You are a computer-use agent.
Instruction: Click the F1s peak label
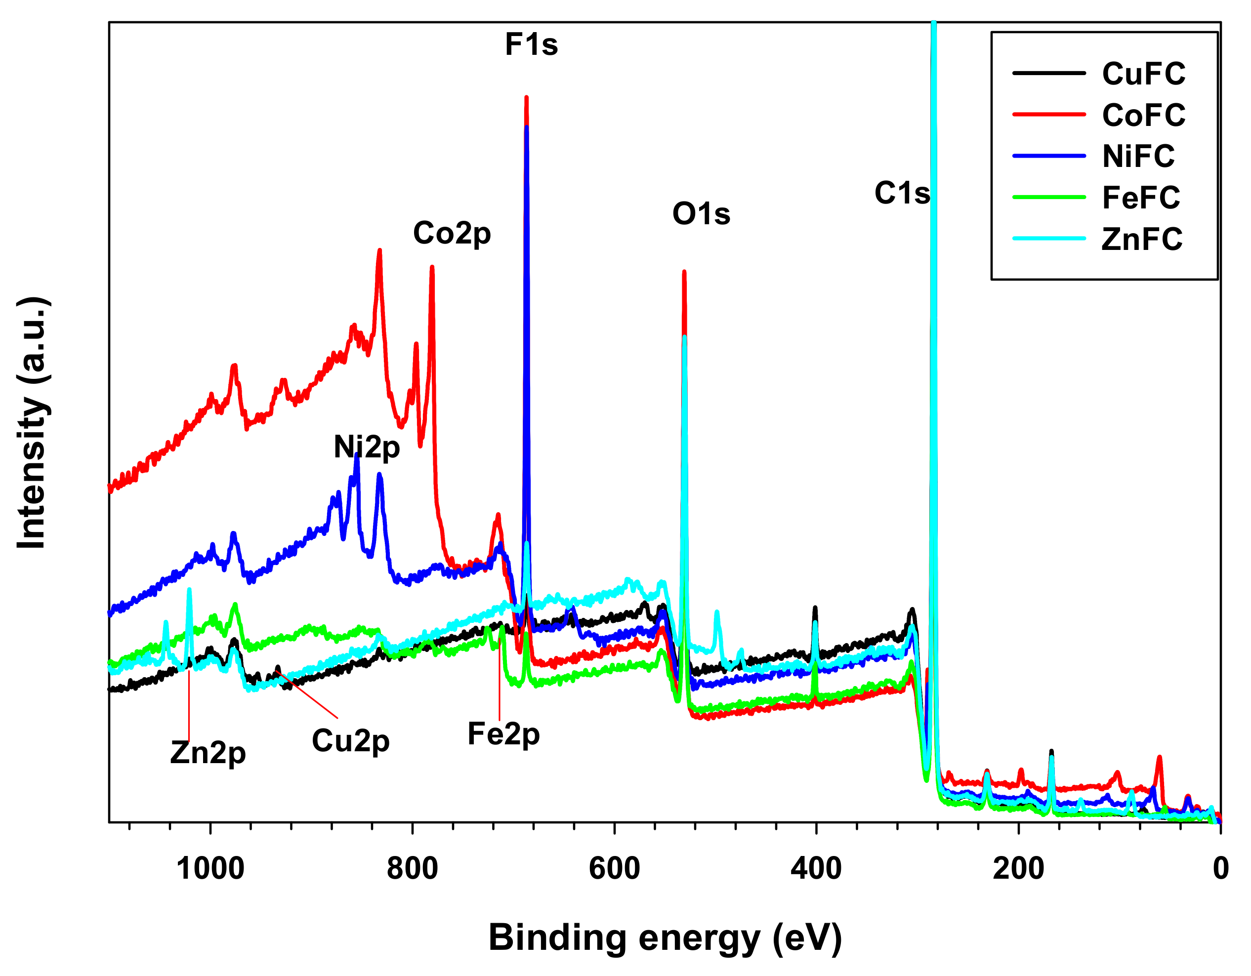531,44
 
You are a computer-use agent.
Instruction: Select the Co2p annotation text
452,234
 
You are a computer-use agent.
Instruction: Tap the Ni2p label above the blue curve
367,447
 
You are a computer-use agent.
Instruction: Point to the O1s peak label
701,214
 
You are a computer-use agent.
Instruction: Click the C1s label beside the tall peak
902,193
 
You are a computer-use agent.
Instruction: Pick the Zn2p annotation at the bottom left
208,753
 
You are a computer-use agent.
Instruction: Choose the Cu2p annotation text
351,741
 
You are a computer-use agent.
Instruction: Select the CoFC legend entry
1143,115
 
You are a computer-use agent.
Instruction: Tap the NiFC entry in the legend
1138,157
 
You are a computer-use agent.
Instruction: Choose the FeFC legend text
1140,198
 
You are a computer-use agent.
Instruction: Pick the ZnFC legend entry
1142,240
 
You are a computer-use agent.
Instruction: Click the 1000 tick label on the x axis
210,868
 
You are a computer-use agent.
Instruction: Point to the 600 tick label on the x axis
614,868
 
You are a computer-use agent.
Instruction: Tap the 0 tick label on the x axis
1220,868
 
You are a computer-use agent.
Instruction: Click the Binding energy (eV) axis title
665,937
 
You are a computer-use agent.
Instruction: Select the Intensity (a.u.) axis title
32,423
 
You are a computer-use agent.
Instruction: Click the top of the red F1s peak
526,98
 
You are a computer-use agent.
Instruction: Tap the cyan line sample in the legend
1049,238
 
